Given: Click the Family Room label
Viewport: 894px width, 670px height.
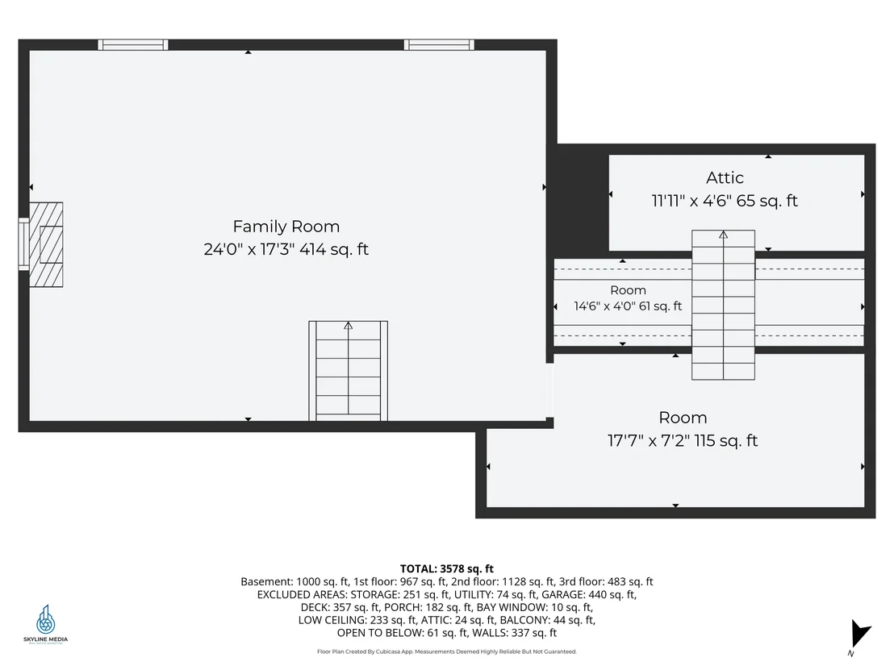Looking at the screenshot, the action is (x=286, y=227).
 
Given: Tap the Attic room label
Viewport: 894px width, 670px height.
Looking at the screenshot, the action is (x=725, y=177).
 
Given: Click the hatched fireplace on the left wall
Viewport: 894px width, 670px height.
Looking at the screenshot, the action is (x=46, y=244).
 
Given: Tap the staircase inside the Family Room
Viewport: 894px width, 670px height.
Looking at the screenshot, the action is (x=349, y=371).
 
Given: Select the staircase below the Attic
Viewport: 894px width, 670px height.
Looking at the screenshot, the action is (x=724, y=305).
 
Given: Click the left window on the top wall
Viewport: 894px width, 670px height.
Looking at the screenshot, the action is (x=133, y=45).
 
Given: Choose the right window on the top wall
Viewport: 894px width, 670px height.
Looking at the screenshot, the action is (x=439, y=45).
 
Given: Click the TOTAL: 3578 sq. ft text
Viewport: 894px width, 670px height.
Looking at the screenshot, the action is (x=447, y=568).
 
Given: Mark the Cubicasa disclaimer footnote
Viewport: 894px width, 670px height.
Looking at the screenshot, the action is (x=447, y=651).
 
